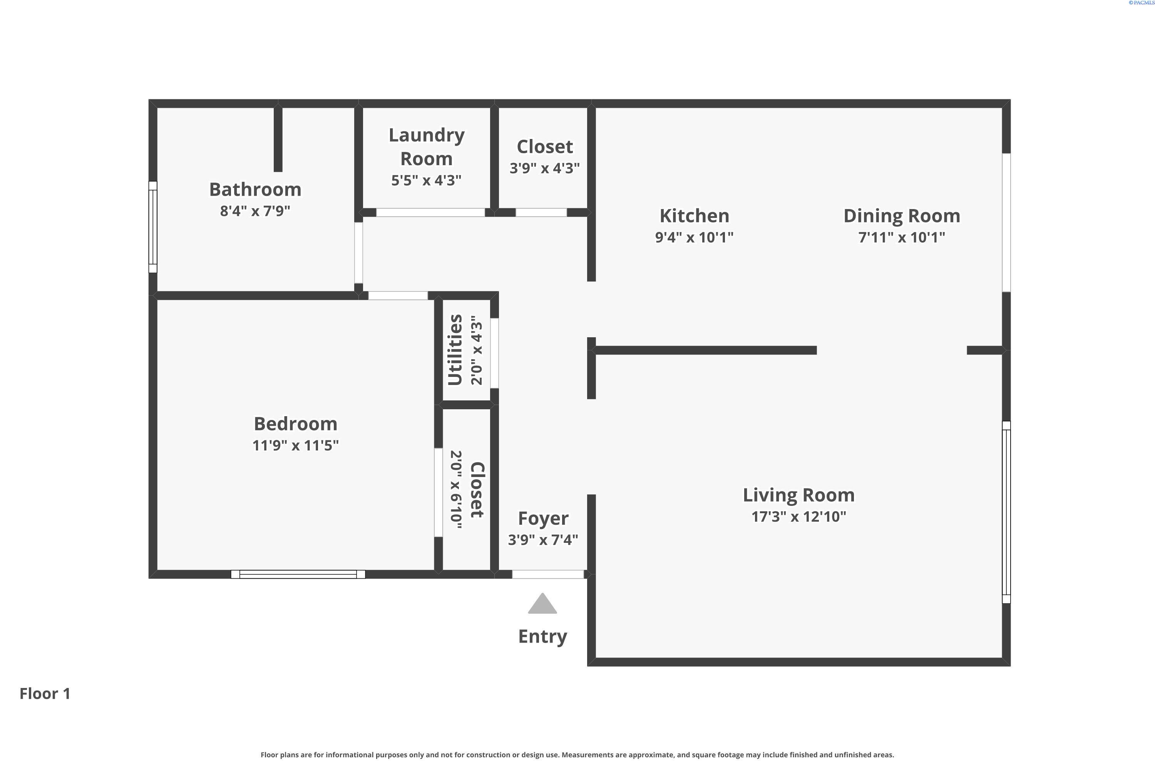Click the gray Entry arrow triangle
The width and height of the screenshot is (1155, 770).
(542, 604)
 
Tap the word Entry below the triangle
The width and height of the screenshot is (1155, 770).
(542, 637)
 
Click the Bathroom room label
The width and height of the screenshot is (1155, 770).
(255, 189)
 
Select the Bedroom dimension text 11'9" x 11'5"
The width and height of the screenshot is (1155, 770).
(296, 445)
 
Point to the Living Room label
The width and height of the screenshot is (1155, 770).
(798, 495)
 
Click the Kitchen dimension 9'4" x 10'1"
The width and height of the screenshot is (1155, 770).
(695, 237)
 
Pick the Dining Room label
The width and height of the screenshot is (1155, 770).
(902, 216)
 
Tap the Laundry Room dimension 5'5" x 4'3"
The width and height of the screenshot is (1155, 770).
(426, 180)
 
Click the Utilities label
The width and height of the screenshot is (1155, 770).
(455, 350)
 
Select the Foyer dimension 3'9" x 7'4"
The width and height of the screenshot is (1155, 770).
(543, 540)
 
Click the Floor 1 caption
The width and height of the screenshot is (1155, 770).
(45, 694)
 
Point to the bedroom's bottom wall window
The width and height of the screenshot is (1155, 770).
(298, 574)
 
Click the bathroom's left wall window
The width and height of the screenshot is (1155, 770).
(153, 227)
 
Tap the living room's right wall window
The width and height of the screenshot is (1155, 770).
(1006, 512)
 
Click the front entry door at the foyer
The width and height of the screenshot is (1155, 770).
(548, 574)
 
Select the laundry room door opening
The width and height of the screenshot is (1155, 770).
(431, 213)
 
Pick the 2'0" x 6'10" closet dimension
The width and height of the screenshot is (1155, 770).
(456, 490)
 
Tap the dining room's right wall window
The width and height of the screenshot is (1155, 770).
(1006, 223)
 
